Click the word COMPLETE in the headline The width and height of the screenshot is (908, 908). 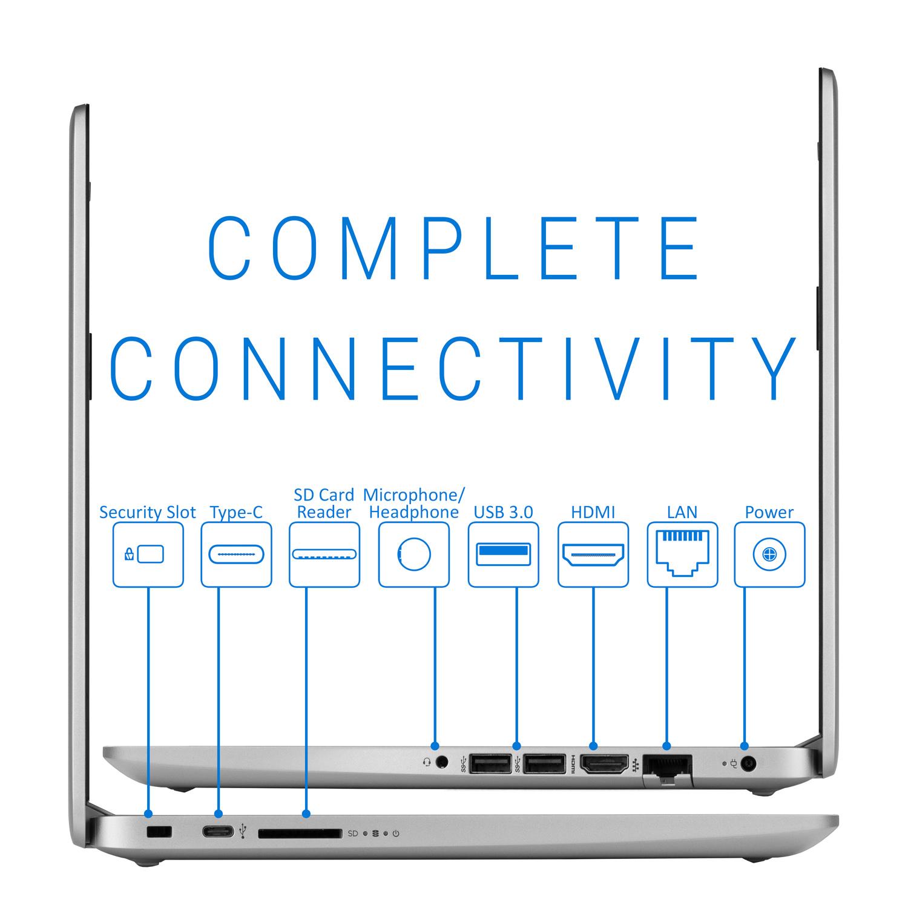point(454,249)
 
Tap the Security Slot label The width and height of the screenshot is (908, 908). point(147,513)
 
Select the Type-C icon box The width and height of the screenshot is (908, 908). point(236,554)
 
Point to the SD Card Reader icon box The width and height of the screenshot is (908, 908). point(324,554)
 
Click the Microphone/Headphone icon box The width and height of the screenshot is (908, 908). point(414,554)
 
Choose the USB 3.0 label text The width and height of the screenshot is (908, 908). point(503,513)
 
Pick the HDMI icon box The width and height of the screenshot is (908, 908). point(593,554)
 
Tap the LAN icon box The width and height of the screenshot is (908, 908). point(682,554)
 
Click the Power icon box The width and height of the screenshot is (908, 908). point(769,554)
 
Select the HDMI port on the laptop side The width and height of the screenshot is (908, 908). point(604,765)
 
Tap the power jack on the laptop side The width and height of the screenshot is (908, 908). point(749,764)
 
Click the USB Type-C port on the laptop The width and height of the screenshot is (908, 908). point(218,832)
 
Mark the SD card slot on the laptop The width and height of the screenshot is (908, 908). point(299,834)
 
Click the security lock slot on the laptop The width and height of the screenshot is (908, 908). point(160,832)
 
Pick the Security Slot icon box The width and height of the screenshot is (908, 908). point(148,554)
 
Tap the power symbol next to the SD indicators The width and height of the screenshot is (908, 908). point(396,834)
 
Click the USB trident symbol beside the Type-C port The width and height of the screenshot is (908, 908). point(243,831)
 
